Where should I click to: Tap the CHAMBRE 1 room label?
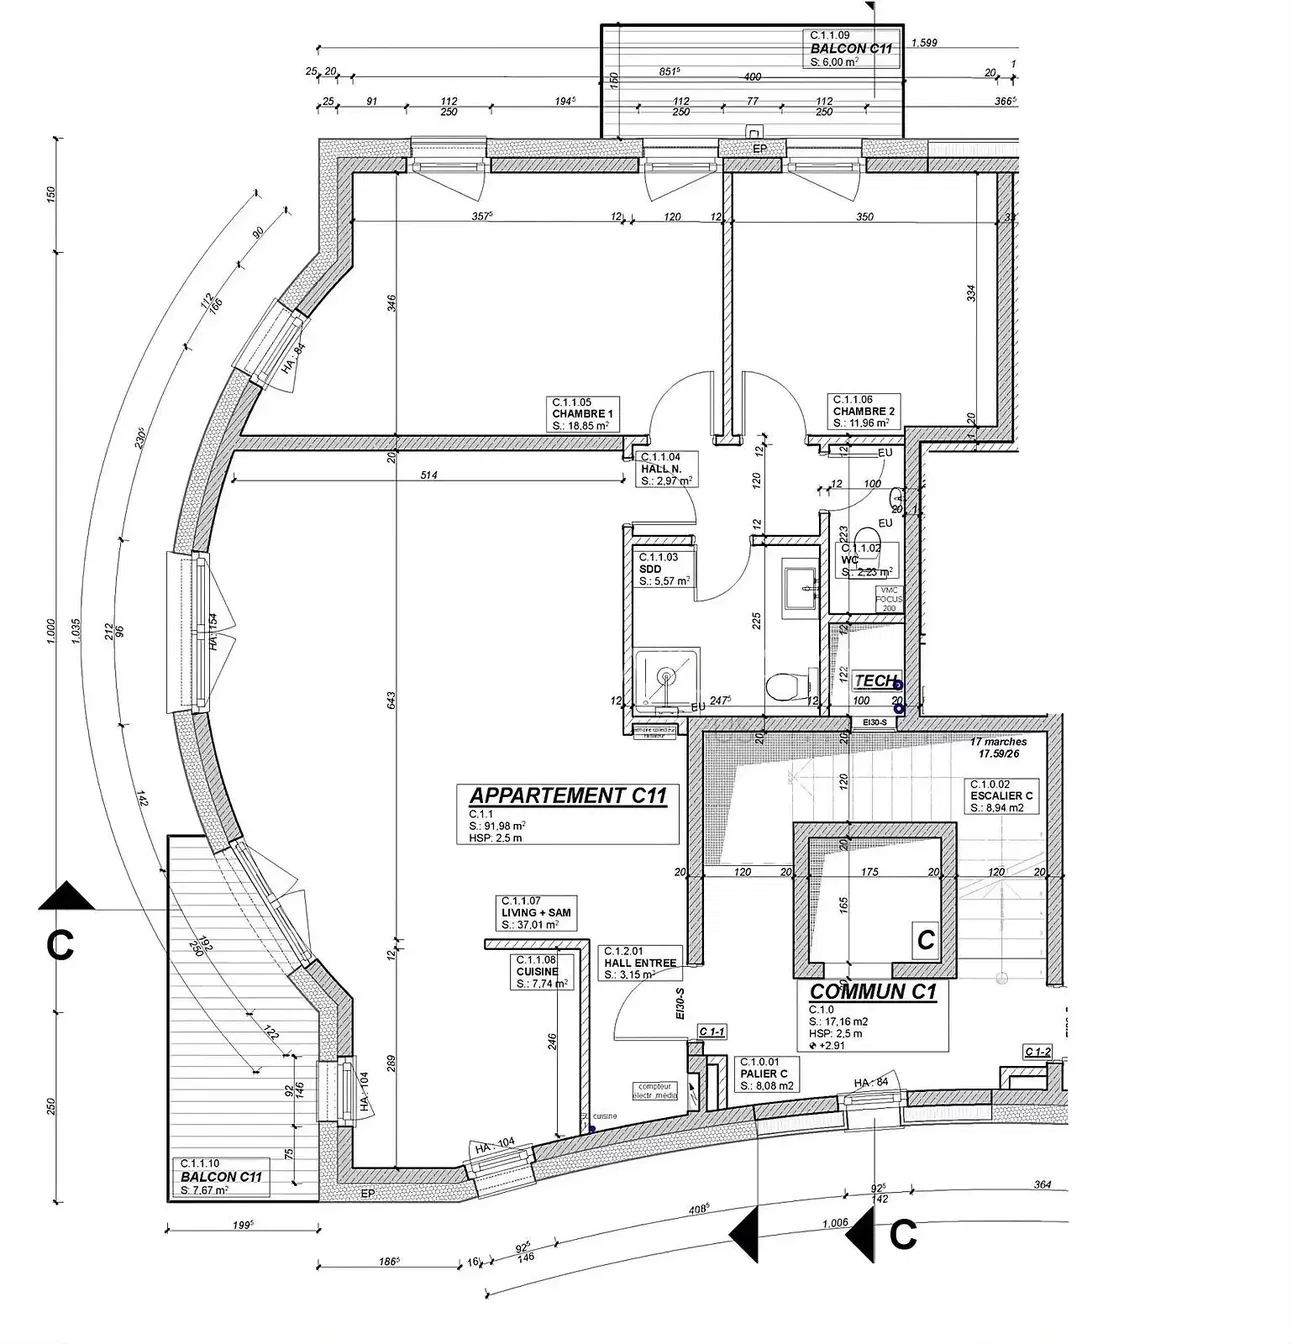(582, 412)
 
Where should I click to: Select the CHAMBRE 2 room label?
(864, 411)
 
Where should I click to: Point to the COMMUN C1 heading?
(872, 992)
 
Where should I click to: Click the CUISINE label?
(537, 971)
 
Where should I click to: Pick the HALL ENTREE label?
(640, 963)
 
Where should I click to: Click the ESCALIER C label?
(1000, 796)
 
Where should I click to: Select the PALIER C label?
(764, 1074)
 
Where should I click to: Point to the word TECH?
(875, 681)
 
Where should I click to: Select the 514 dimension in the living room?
(428, 476)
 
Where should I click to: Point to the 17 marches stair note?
(998, 742)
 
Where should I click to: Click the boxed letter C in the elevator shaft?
(926, 940)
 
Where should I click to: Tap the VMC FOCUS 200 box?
(888, 599)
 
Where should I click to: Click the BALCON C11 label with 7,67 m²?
(220, 1177)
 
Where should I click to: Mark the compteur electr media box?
(654, 1090)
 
